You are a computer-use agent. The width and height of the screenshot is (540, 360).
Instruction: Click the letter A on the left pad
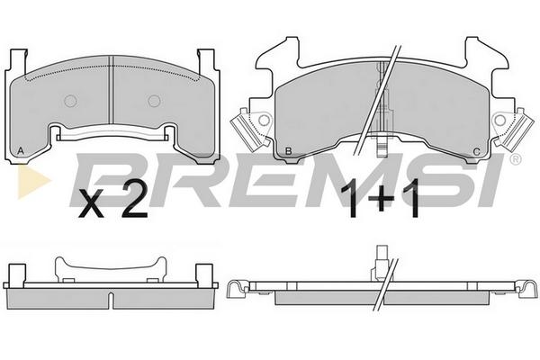coord(21,151)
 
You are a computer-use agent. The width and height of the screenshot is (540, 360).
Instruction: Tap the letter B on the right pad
coord(289,151)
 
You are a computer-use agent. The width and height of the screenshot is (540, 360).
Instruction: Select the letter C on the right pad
coord(477,151)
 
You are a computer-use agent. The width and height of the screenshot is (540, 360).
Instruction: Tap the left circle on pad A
coord(70,101)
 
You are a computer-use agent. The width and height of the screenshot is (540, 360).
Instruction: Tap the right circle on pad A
coord(154,101)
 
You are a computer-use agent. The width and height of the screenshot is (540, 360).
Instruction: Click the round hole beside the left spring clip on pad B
coord(264,120)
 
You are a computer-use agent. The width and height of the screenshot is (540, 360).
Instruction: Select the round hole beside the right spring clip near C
coord(499,120)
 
